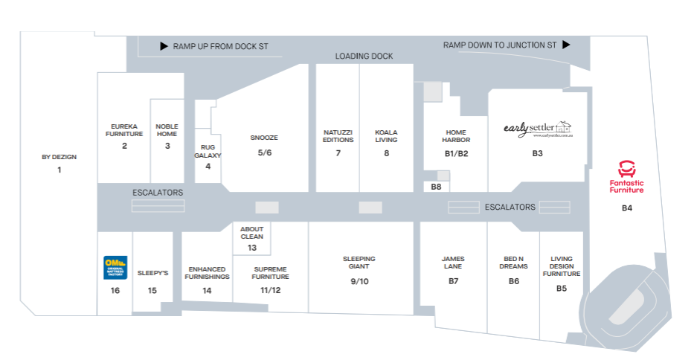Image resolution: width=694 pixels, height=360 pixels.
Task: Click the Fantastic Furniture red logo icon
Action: (x=626, y=168)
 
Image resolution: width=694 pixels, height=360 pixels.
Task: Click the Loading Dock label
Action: (x=364, y=57)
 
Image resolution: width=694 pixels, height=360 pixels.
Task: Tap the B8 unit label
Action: (x=436, y=187)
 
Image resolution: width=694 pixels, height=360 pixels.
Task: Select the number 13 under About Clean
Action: (x=252, y=248)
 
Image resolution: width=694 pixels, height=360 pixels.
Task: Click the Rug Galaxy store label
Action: (x=208, y=152)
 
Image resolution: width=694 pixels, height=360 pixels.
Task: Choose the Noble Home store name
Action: (x=167, y=130)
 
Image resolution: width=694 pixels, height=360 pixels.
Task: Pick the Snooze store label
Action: (x=264, y=138)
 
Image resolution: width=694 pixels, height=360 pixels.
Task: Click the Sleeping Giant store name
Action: (x=359, y=263)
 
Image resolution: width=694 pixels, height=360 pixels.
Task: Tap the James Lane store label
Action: (x=453, y=263)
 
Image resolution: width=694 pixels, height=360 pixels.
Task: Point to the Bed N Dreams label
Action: (x=513, y=263)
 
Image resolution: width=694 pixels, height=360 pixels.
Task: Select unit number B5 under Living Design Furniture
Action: (x=562, y=288)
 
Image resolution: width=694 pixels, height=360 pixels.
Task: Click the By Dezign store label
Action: (x=60, y=157)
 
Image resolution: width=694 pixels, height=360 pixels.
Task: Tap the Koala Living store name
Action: (x=386, y=136)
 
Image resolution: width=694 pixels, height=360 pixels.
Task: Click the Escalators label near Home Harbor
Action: (x=510, y=207)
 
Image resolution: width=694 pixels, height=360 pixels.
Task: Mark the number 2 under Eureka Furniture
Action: (x=124, y=146)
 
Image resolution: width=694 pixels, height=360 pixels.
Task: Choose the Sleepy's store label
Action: (x=152, y=273)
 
